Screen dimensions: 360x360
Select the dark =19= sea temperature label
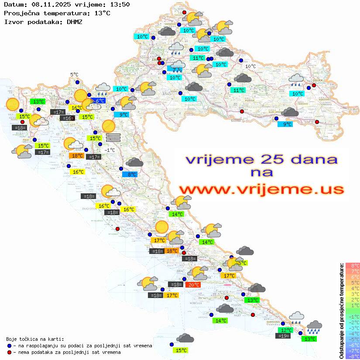(x=284, y=336)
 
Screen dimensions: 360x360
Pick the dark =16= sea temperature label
(x=67, y=118)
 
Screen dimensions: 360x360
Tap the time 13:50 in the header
(x=120, y=4)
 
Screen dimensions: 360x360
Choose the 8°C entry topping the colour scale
(x=352, y=266)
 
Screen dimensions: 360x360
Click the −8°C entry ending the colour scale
(x=352, y=356)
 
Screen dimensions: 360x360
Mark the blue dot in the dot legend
(x=9, y=346)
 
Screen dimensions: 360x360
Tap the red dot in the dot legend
(x=9, y=352)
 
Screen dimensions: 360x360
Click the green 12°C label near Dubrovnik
(x=286, y=330)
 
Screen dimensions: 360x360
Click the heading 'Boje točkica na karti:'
(x=35, y=339)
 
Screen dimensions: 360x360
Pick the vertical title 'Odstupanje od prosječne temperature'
(x=341, y=311)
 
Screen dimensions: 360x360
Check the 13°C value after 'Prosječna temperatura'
(x=102, y=13)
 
